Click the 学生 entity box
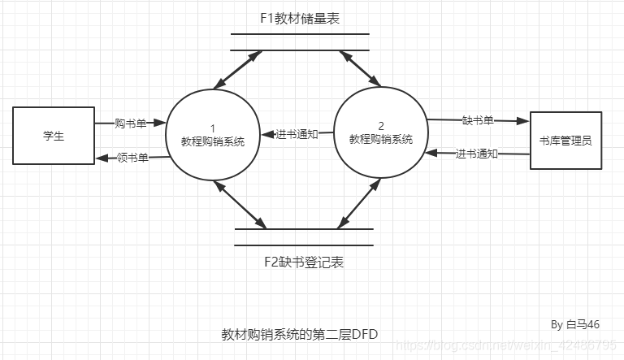point(54,136)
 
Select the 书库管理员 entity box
point(565,140)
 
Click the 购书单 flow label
point(131,124)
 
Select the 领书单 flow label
point(132,158)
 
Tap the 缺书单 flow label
point(478,120)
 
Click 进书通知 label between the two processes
point(297,134)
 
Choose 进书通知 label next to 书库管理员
point(476,154)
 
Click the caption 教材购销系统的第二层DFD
point(300,334)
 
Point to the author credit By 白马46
point(575,324)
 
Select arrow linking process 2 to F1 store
point(362,68)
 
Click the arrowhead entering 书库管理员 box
point(524,121)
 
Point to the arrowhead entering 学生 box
point(100,158)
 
